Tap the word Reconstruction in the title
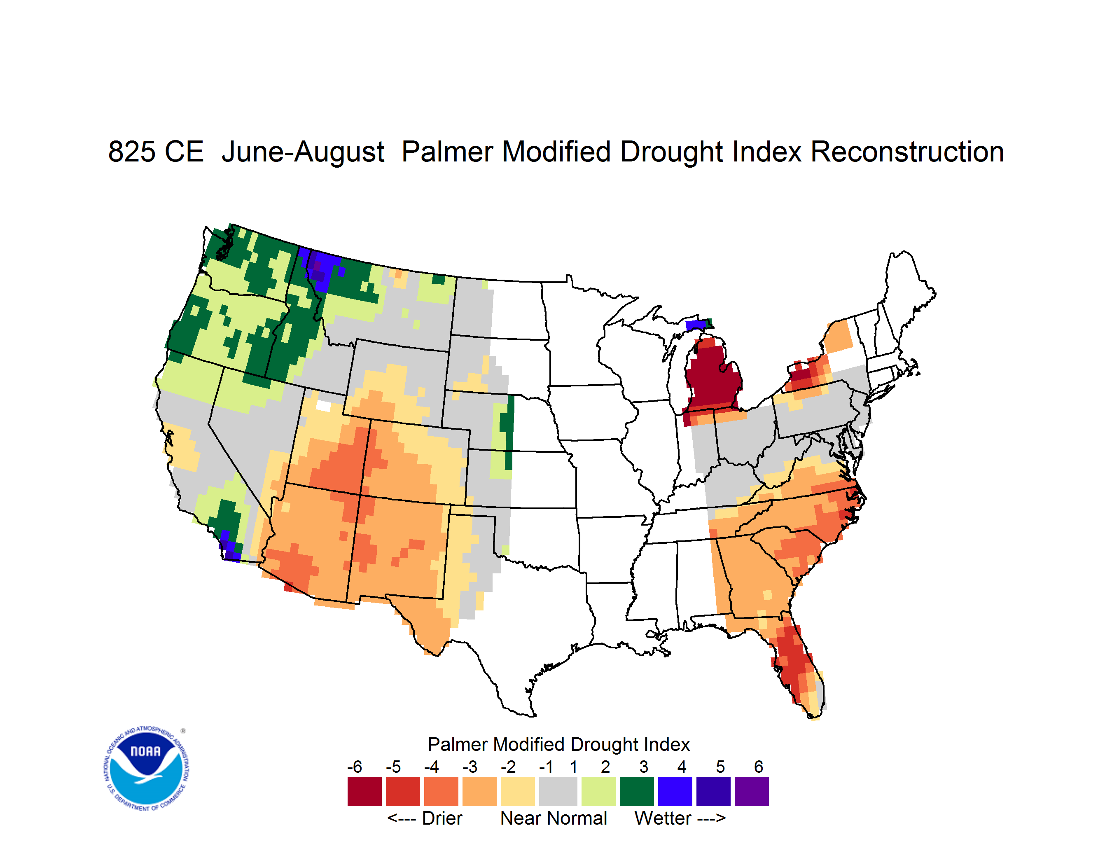click(907, 152)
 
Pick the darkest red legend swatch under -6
click(364, 791)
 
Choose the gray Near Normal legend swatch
click(558, 791)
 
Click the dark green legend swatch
click(636, 791)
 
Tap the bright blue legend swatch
click(675, 791)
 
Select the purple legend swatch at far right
click(752, 791)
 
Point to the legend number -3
click(470, 766)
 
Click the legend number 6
click(759, 766)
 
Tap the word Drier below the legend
click(442, 818)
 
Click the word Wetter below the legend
click(663, 818)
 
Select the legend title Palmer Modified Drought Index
click(558, 744)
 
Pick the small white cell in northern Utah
click(323, 406)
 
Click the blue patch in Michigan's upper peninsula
click(696, 325)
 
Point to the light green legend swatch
click(598, 791)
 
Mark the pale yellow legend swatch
click(518, 791)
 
